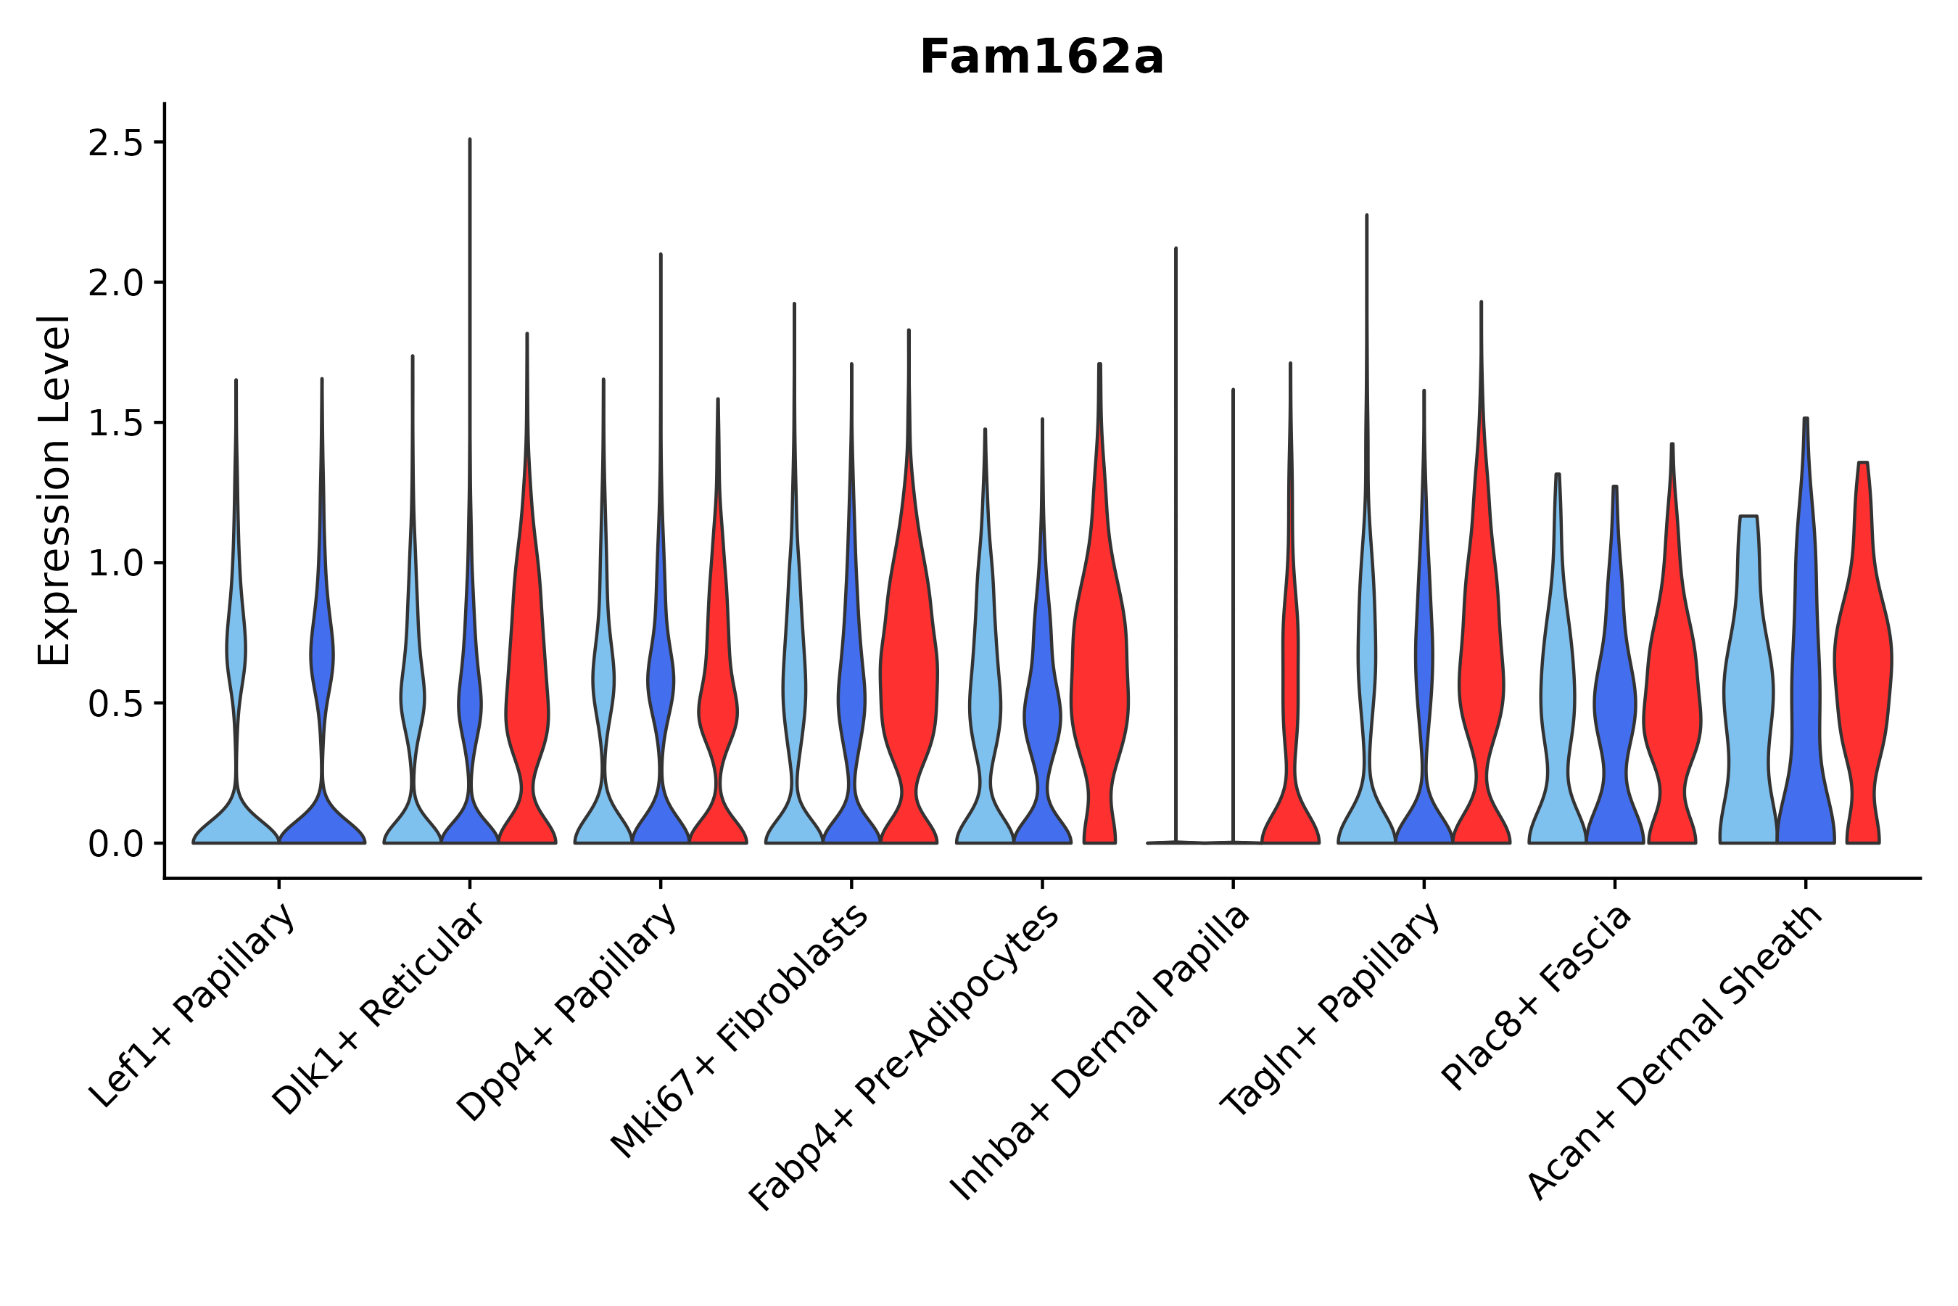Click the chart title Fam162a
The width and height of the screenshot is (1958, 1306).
(x=1041, y=57)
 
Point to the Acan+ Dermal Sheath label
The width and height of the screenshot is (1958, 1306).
(x=1675, y=1052)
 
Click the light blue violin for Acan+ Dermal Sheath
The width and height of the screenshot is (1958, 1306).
(x=1748, y=691)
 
